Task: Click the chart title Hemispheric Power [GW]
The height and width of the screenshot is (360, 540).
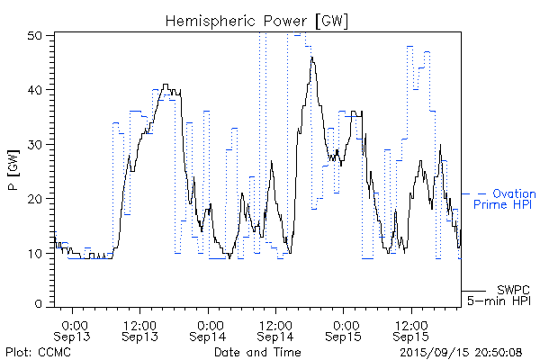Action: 270,20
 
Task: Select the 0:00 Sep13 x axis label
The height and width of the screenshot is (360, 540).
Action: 74,329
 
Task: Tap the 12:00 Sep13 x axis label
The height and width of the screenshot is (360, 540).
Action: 140,329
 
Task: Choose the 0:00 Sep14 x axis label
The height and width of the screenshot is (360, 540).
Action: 209,329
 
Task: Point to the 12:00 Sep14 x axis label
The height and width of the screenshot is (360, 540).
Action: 275,329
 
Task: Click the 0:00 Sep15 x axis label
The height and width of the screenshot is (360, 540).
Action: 344,329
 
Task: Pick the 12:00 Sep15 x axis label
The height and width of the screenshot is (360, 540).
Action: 411,329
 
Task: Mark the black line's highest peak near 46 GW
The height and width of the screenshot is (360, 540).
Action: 312,58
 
